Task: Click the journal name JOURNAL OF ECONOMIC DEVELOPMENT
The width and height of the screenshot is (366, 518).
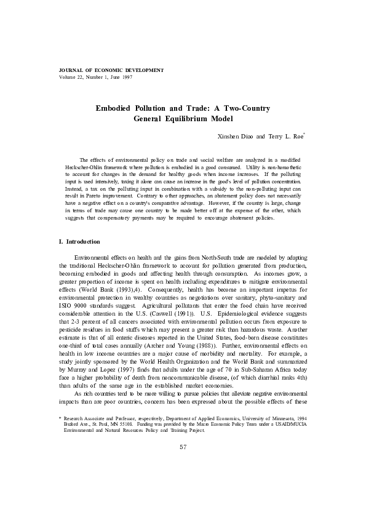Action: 102,71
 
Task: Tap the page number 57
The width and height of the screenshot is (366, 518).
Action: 183,481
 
